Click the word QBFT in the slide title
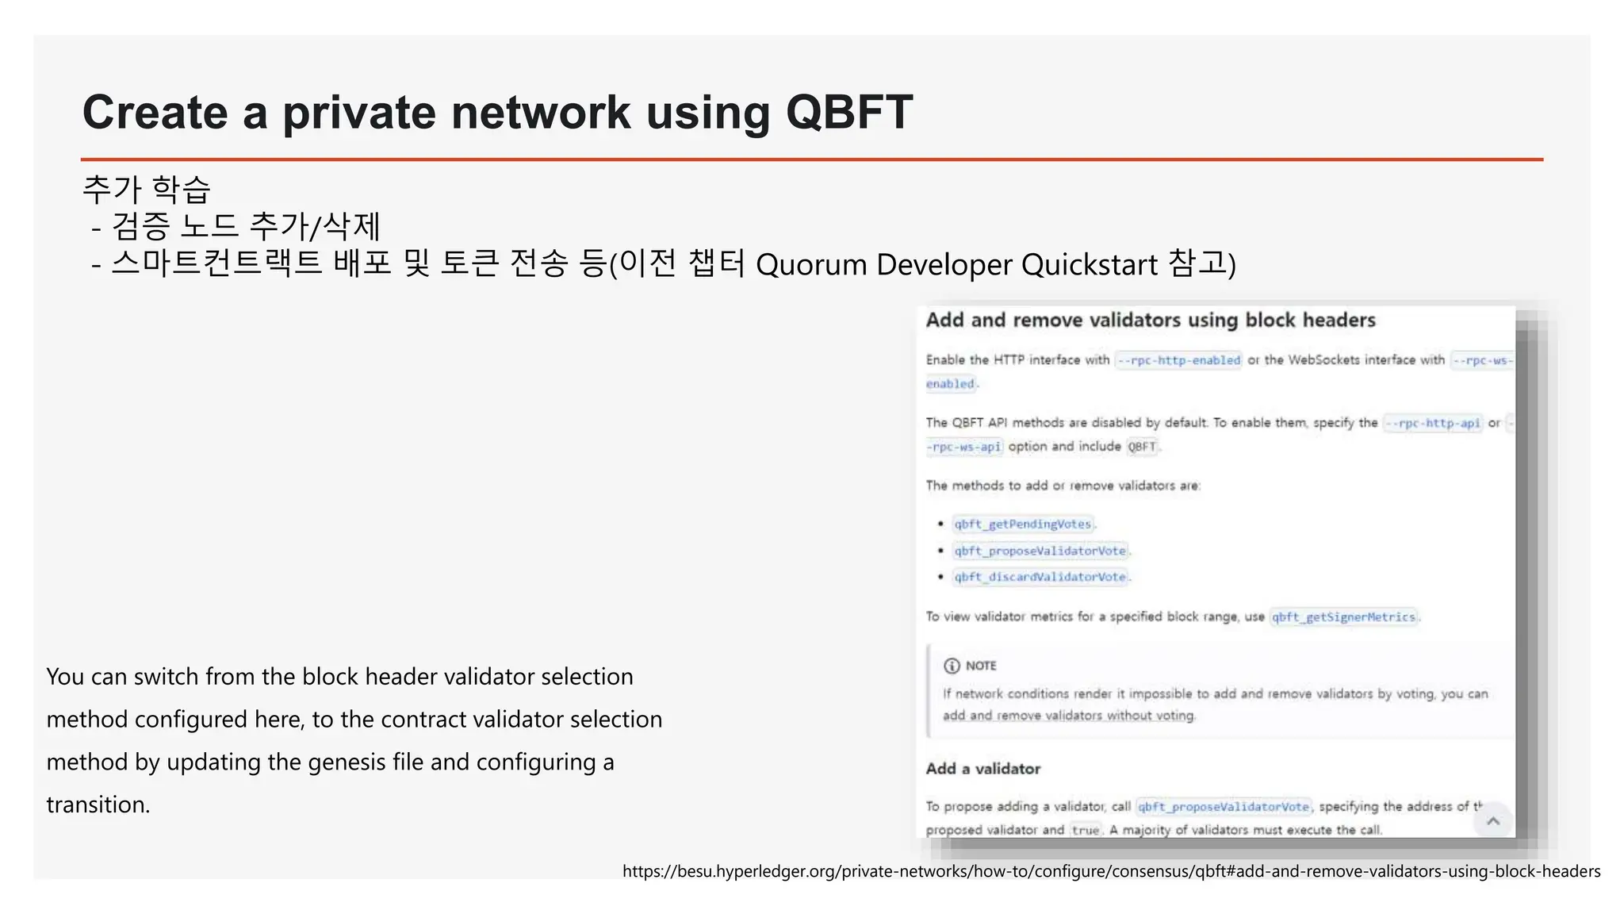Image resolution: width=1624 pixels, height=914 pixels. (848, 112)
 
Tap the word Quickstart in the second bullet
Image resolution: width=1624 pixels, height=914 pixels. (1090, 265)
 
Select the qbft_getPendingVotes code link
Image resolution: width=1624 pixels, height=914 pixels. (1022, 524)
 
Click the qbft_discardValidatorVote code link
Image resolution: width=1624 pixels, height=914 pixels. (1040, 577)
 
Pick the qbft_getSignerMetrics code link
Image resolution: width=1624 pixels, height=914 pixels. (1343, 617)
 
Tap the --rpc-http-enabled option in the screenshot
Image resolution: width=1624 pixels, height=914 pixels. (1178, 360)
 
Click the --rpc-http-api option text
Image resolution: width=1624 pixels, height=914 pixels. (1432, 423)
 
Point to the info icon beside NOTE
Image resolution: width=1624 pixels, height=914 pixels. (952, 666)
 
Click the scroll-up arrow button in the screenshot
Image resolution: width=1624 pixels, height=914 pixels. (1493, 821)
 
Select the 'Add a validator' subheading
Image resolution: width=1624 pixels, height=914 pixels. (982, 769)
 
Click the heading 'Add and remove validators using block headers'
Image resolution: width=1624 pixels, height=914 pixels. (1151, 321)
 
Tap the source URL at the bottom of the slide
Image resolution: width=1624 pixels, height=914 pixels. (1111, 871)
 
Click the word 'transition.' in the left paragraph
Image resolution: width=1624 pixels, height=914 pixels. (98, 805)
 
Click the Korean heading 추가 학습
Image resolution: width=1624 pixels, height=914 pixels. (147, 189)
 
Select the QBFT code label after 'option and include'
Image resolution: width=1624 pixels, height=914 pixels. (1142, 447)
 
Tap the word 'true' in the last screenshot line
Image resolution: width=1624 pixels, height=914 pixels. (1085, 830)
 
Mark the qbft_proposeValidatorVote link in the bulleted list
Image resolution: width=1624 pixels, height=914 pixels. (1040, 551)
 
